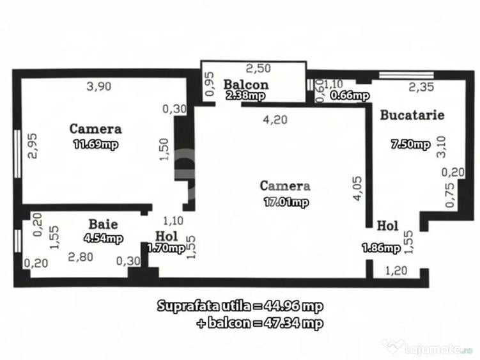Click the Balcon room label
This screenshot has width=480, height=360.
(x=246, y=84)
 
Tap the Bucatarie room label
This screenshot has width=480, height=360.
(x=412, y=115)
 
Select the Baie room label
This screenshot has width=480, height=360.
(x=103, y=224)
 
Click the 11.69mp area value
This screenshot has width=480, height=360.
(x=96, y=145)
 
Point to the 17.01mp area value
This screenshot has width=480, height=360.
(x=286, y=203)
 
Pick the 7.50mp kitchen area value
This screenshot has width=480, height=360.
(x=410, y=145)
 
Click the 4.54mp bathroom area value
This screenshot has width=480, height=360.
(x=104, y=239)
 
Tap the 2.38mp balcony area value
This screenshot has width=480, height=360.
(x=245, y=95)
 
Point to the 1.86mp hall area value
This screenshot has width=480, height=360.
(x=380, y=248)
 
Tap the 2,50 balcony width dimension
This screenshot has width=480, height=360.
(x=259, y=68)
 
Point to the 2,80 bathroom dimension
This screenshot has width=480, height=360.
(x=81, y=257)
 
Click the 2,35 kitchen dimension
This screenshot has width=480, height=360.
(x=421, y=88)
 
